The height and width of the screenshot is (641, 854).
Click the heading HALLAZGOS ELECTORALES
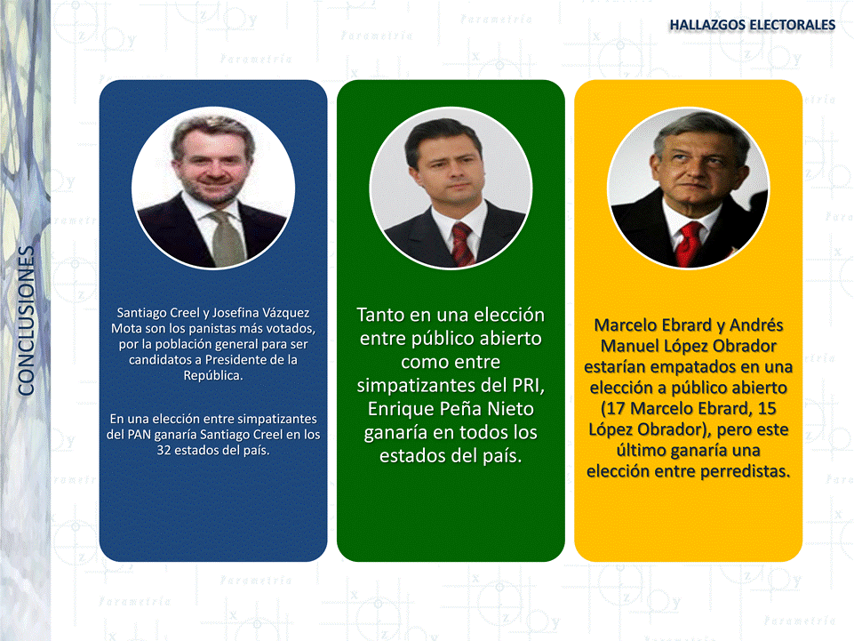(752, 25)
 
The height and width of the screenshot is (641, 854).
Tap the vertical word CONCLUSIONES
(26, 320)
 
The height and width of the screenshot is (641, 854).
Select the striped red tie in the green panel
(462, 244)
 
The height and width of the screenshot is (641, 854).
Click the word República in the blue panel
(213, 375)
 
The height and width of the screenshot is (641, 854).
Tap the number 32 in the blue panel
(164, 450)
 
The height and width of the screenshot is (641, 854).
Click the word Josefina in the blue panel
(235, 313)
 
